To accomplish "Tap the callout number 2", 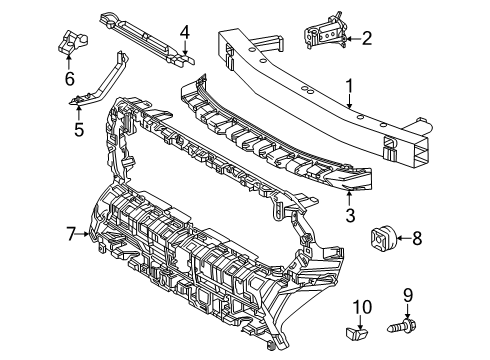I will pos(367,39).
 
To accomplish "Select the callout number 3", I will pos(350,213).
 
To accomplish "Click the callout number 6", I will pos(69,78).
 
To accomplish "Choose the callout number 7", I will pos(71,234).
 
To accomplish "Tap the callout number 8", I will pos(418,237).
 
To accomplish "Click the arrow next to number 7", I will pos(86,234).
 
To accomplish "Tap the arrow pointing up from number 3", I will pos(350,197).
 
